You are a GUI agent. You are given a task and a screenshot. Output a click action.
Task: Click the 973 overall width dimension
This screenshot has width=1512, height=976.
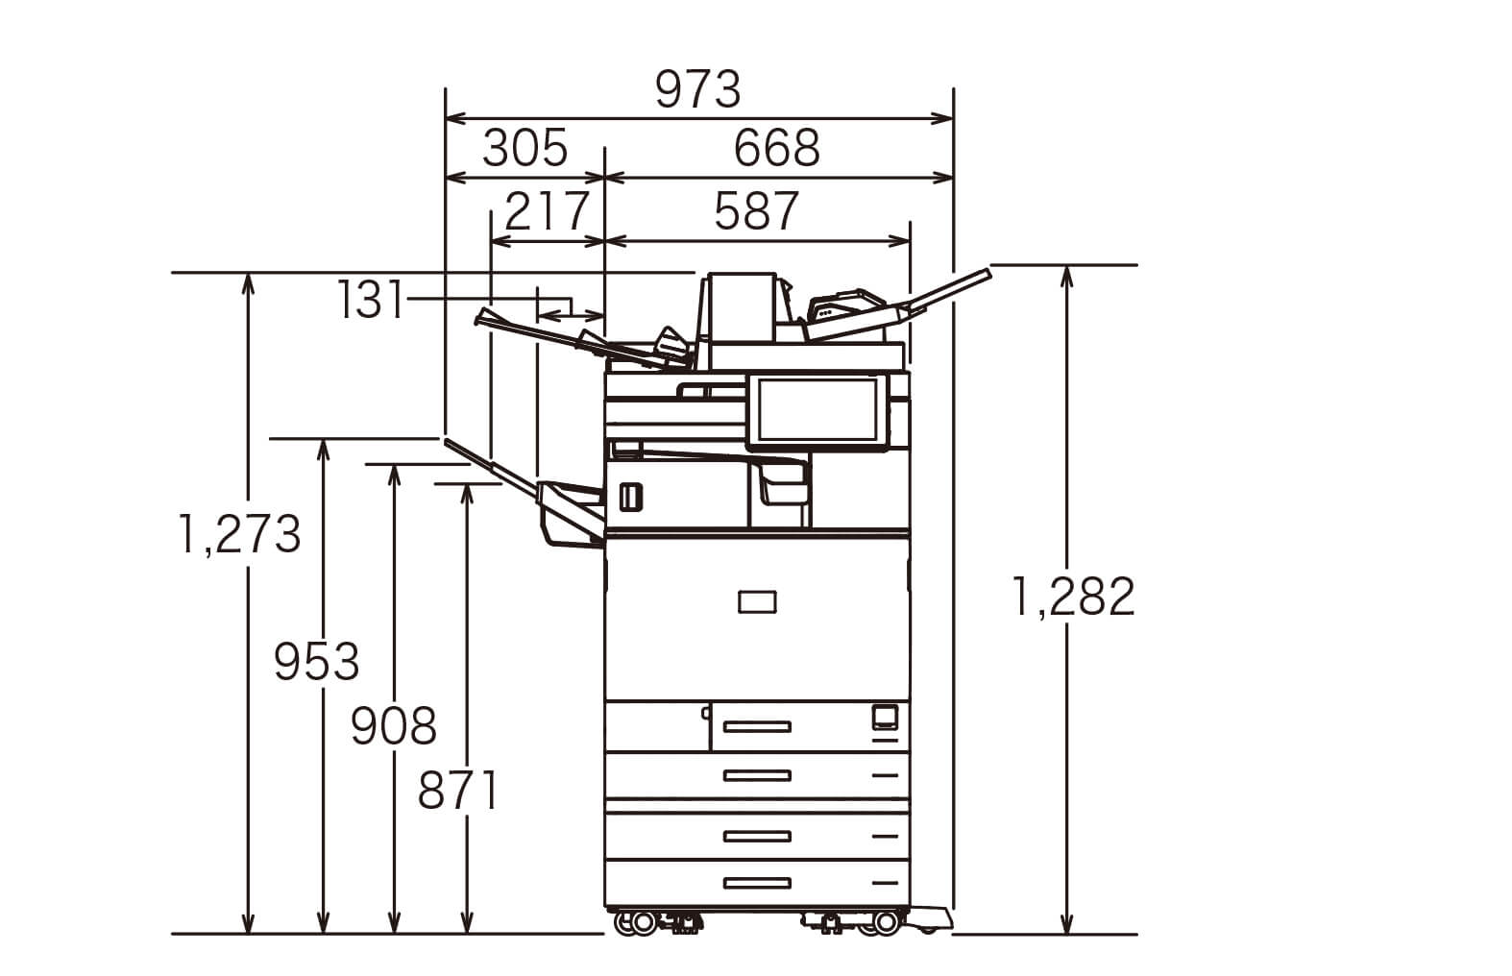point(698,89)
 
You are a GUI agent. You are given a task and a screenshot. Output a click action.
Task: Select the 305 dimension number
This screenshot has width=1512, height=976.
point(525,149)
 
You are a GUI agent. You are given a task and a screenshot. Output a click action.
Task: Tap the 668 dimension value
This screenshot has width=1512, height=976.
point(777,149)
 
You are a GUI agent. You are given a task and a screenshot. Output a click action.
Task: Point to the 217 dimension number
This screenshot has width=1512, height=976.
point(548,212)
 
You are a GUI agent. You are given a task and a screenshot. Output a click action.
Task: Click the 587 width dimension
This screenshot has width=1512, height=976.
point(757,212)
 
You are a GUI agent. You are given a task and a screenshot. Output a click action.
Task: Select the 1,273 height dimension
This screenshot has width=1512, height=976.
point(239,534)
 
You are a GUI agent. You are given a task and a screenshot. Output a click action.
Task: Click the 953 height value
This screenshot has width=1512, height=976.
point(317,662)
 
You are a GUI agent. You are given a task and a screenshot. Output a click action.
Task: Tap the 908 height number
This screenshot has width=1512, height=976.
point(394,726)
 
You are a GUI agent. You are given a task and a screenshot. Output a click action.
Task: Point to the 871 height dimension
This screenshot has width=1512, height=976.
point(458,791)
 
